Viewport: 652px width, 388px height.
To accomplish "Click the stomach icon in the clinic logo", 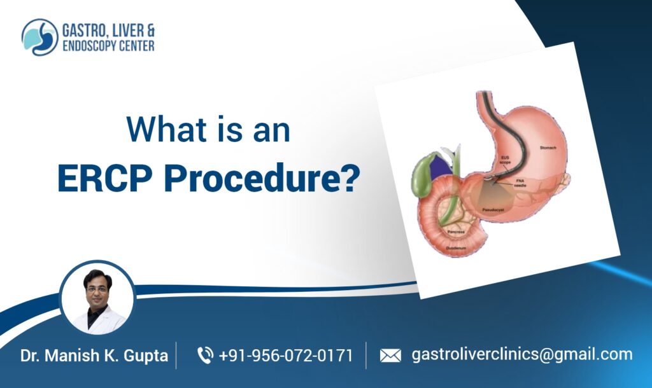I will tap(39, 37).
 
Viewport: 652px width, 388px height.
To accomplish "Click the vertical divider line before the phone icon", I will tap(177, 355).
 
